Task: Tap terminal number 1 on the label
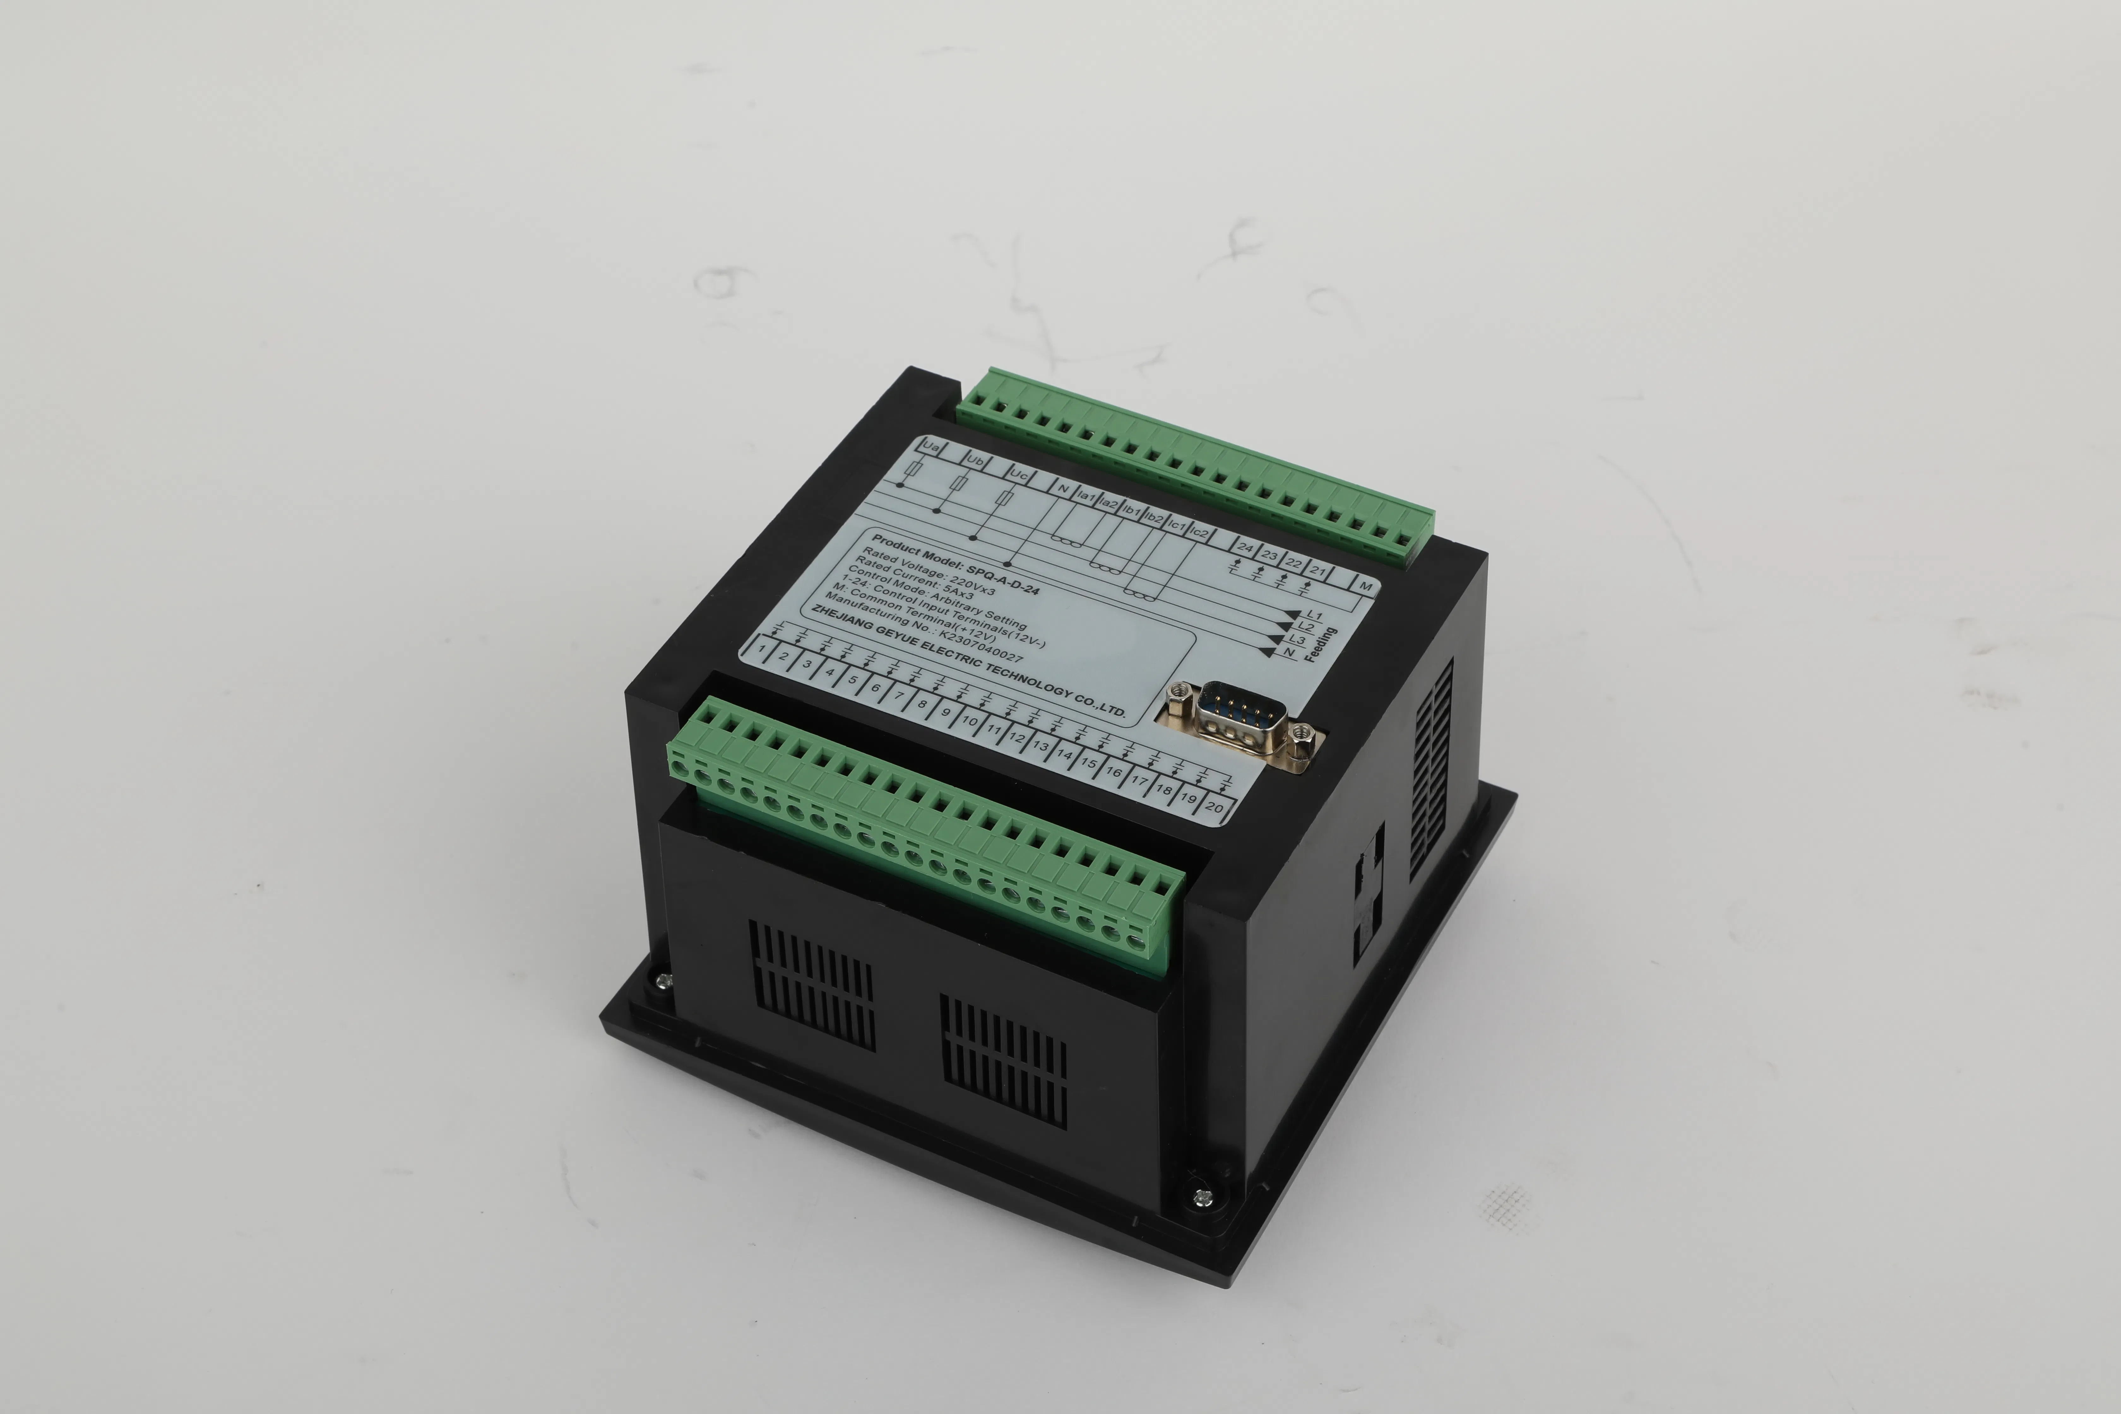coord(763,648)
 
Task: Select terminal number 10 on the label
coord(969,721)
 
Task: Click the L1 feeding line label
coord(1314,616)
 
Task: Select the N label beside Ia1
coord(1064,490)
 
